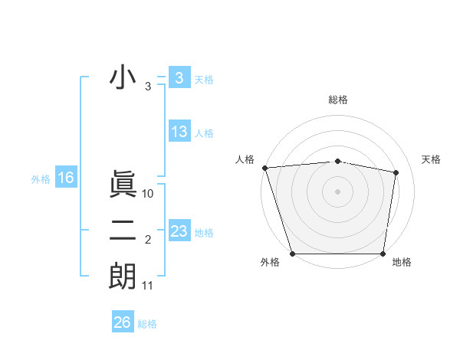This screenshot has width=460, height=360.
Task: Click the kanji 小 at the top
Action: [123, 77]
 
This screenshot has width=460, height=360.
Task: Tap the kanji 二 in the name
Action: [123, 231]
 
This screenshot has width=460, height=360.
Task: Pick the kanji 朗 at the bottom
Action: [123, 276]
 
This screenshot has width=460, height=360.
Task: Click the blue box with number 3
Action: [179, 77]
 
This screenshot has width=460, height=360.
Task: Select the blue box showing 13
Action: [179, 131]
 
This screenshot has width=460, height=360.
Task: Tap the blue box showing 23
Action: [179, 231]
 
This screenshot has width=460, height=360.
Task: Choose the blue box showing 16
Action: [65, 178]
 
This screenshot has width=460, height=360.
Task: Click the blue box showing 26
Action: [122, 322]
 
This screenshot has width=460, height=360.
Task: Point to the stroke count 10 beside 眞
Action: [149, 195]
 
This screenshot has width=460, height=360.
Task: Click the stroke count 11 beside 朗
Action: [148, 286]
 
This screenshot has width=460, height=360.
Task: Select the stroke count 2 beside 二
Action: [148, 241]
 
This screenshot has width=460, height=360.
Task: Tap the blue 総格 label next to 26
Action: [147, 324]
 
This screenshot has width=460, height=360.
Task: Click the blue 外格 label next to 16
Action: [41, 179]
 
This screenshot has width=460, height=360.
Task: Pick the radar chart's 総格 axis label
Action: [337, 100]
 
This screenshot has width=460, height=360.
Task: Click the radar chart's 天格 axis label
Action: [431, 159]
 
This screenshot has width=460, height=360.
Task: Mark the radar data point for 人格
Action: [264, 168]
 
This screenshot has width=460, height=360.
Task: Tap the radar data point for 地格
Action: [383, 253]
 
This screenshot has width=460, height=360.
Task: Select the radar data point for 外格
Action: [292, 253]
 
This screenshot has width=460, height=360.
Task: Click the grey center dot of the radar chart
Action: [337, 191]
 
